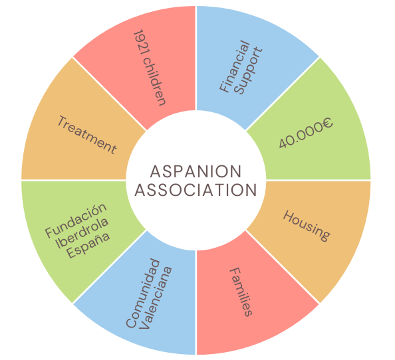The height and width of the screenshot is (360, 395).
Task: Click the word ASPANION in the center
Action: click(196, 171)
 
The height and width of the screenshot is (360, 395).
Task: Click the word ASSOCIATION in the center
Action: click(196, 190)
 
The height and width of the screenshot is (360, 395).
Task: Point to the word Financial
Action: click(235, 66)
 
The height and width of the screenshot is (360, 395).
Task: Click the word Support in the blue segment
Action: click(249, 71)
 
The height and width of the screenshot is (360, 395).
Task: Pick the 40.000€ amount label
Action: click(306, 134)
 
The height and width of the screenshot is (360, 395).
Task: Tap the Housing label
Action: click(307, 226)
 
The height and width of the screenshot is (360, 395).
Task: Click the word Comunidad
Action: click(143, 294)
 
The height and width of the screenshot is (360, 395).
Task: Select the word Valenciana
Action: click(156, 298)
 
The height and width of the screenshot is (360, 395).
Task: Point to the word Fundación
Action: click(76, 220)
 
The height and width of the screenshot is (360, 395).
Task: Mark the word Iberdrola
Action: click(82, 232)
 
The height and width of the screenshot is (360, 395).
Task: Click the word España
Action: click(88, 245)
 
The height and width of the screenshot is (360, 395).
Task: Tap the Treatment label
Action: click(87, 135)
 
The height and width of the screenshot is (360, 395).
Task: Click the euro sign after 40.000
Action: click(327, 124)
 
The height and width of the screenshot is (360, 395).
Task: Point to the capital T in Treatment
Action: click(63, 120)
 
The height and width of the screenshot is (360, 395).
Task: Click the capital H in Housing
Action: click(288, 217)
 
